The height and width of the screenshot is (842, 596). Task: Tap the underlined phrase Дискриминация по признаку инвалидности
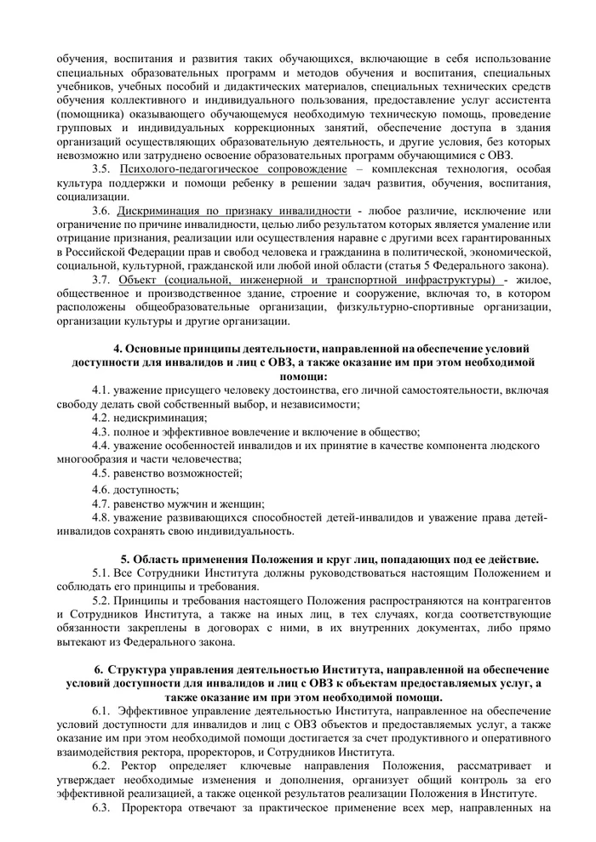pos(234,210)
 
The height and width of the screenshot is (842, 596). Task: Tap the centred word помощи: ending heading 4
pos(304,376)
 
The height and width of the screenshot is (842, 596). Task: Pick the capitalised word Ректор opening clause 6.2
pos(132,765)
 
